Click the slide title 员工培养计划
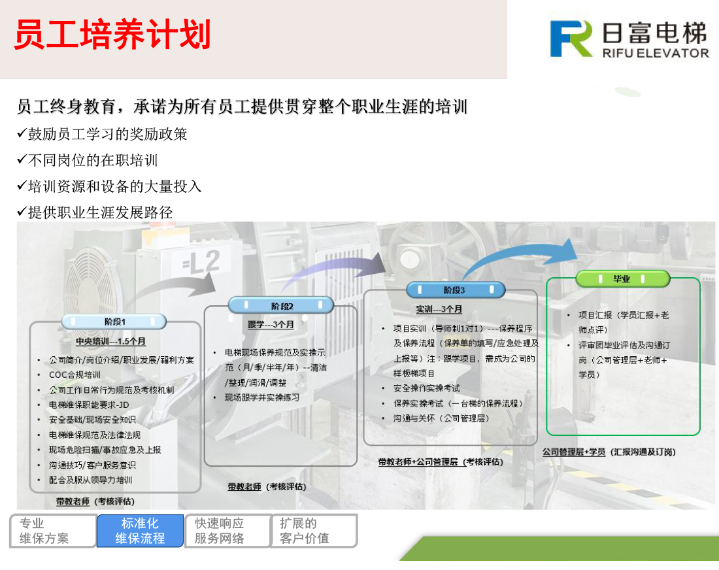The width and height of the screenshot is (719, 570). pyautogui.click(x=113, y=35)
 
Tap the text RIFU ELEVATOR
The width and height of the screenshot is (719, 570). pyautogui.click(x=656, y=53)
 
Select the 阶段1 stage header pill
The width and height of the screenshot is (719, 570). pyautogui.click(x=114, y=322)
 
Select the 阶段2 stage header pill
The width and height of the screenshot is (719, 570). pyautogui.click(x=281, y=305)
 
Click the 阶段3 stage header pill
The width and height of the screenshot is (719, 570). pyautogui.click(x=456, y=290)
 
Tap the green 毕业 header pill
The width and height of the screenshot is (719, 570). pyautogui.click(x=622, y=278)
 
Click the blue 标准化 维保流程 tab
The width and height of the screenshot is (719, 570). pyautogui.click(x=140, y=531)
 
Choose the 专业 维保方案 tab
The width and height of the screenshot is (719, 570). pyautogui.click(x=53, y=531)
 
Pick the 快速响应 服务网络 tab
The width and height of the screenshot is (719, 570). pyautogui.click(x=227, y=531)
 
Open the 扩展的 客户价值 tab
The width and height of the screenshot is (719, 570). pyautogui.click(x=314, y=531)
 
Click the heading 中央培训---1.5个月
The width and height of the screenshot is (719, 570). pyautogui.click(x=110, y=342)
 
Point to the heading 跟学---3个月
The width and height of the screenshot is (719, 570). pyautogui.click(x=271, y=325)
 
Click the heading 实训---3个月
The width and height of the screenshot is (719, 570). pyautogui.click(x=439, y=309)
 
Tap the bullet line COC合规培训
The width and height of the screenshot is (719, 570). pyautogui.click(x=75, y=375)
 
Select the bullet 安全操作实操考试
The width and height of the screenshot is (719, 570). pyautogui.click(x=426, y=388)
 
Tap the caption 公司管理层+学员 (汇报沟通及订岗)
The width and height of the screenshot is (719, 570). pyautogui.click(x=609, y=452)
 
